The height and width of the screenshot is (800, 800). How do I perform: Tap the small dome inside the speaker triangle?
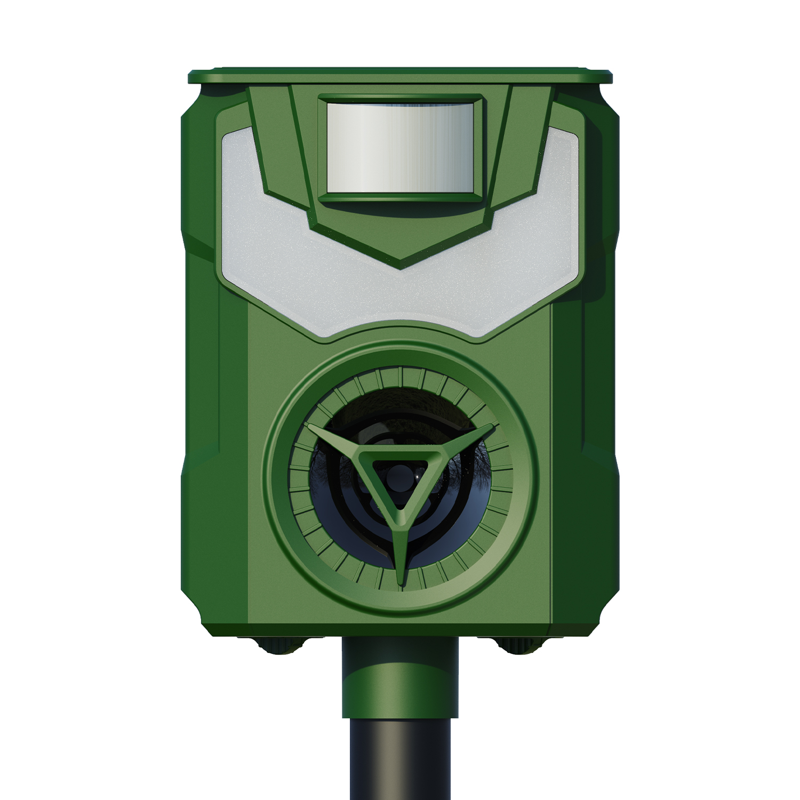click(x=400, y=475)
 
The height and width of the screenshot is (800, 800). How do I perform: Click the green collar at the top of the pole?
click(x=400, y=688)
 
